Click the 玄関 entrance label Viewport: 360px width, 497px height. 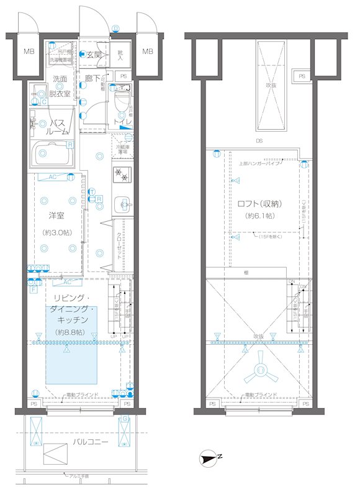pos(94,55)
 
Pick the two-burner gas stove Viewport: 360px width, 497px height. pos(121,175)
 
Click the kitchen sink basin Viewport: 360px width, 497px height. pos(122,203)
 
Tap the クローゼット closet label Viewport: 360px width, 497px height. pos(120,246)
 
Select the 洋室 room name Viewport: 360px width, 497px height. pos(57,216)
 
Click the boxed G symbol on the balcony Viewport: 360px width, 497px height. pos(124,419)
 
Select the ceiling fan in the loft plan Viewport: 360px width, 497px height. pos(261,370)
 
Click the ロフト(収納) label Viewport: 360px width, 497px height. pos(261,203)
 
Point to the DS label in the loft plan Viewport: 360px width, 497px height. pos(259,141)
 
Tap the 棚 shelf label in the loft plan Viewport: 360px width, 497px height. pos(246,272)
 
